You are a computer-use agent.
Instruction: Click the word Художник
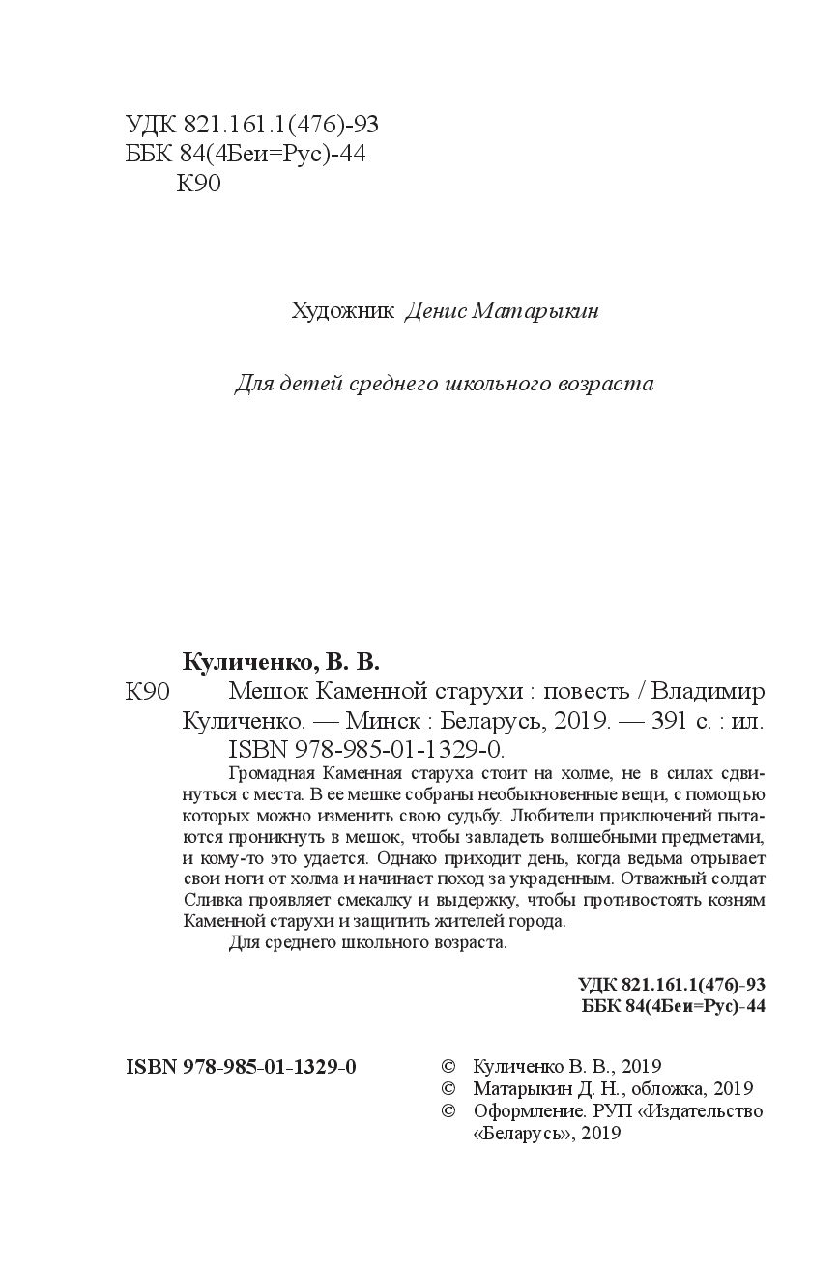pyautogui.click(x=343, y=311)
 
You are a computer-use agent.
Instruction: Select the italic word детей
pyautogui.click(x=310, y=384)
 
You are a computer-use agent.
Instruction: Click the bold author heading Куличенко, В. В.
pyautogui.click(x=281, y=663)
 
